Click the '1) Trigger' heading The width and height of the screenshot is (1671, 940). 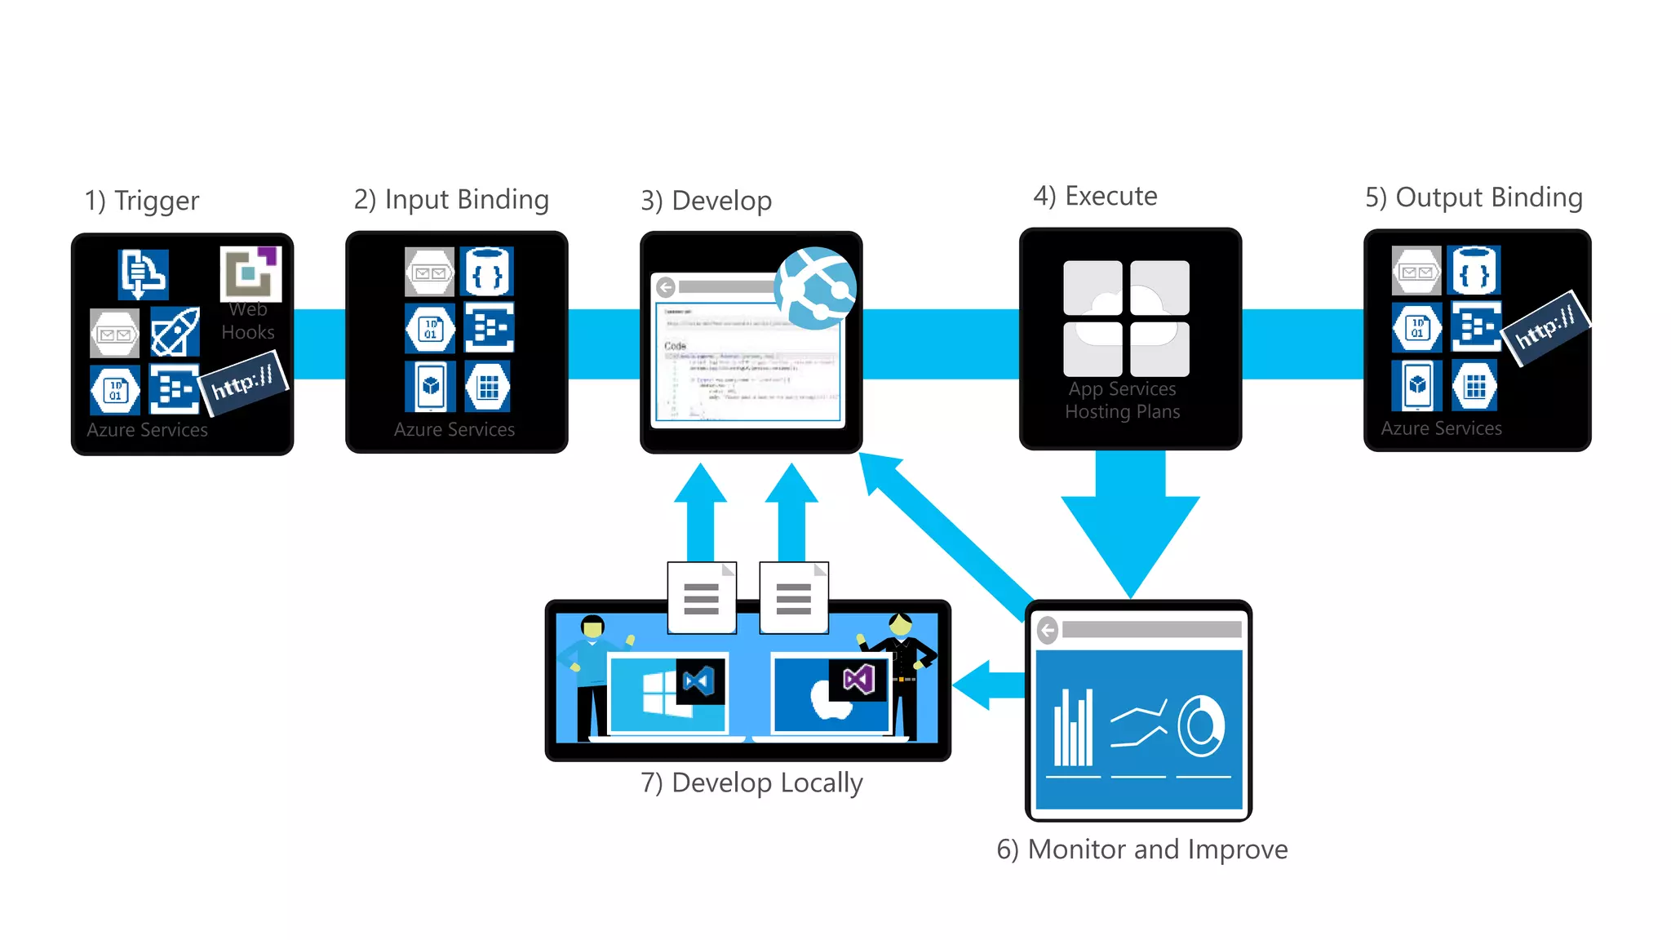pyautogui.click(x=142, y=201)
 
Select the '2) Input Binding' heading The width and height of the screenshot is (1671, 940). pyautogui.click(x=451, y=200)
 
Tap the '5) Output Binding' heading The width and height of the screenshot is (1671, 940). pyautogui.click(x=1474, y=197)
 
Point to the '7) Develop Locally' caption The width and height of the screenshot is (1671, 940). pyautogui.click(x=751, y=783)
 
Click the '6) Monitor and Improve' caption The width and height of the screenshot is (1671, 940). pyautogui.click(x=1141, y=849)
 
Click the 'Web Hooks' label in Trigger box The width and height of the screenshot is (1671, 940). pyautogui.click(x=248, y=321)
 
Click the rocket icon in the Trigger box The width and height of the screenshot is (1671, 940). pyautogui.click(x=175, y=332)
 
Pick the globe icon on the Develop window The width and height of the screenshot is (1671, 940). pyautogui.click(x=815, y=288)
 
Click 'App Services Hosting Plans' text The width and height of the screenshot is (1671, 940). pyautogui.click(x=1123, y=400)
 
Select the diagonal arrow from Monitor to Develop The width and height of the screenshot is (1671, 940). pyautogui.click(x=946, y=531)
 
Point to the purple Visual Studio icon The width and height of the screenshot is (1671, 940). pyautogui.click(x=858, y=679)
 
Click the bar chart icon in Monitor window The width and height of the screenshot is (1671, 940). pyautogui.click(x=1073, y=728)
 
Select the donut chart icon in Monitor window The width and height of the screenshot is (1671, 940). pyautogui.click(x=1201, y=725)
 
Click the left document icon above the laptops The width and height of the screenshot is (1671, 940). pyautogui.click(x=702, y=598)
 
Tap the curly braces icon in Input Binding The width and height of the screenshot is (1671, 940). pyautogui.click(x=487, y=272)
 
